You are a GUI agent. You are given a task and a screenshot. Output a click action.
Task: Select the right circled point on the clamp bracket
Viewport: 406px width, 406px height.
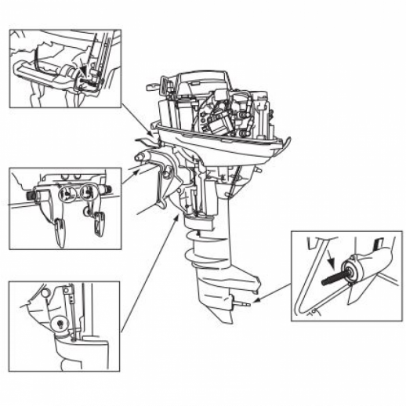point(92,193)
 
